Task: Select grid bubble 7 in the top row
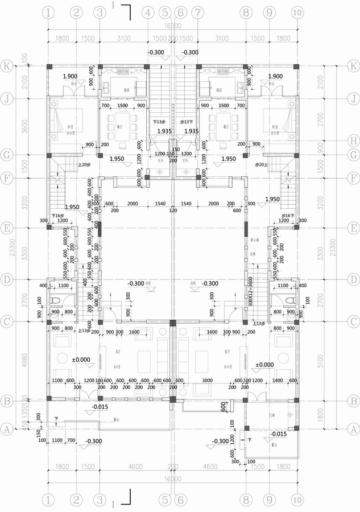coord(197,12)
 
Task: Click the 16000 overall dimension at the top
coord(172,26)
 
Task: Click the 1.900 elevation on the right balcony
coord(275,76)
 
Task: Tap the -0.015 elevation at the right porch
coord(279,433)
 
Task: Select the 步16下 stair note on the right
coord(288,216)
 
